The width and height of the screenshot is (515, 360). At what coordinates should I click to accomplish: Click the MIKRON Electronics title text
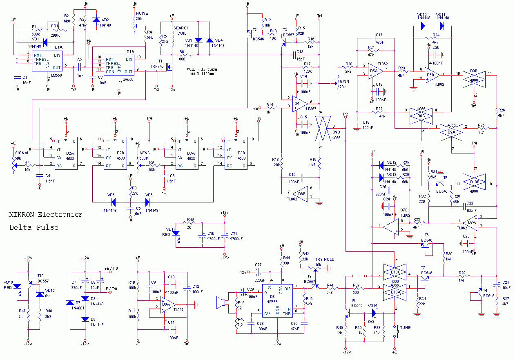point(46,214)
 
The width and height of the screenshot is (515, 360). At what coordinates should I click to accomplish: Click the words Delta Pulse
point(34,227)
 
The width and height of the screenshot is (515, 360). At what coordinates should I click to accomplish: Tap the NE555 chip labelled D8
point(277,302)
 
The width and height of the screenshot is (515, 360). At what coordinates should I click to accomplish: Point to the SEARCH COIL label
point(181,31)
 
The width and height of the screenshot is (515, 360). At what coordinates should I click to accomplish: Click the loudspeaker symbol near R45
point(221,302)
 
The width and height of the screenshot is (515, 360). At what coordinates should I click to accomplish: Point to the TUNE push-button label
point(405,327)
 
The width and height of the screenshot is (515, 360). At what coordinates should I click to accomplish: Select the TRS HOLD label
point(324,259)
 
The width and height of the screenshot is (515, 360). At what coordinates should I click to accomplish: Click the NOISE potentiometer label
point(142,13)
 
